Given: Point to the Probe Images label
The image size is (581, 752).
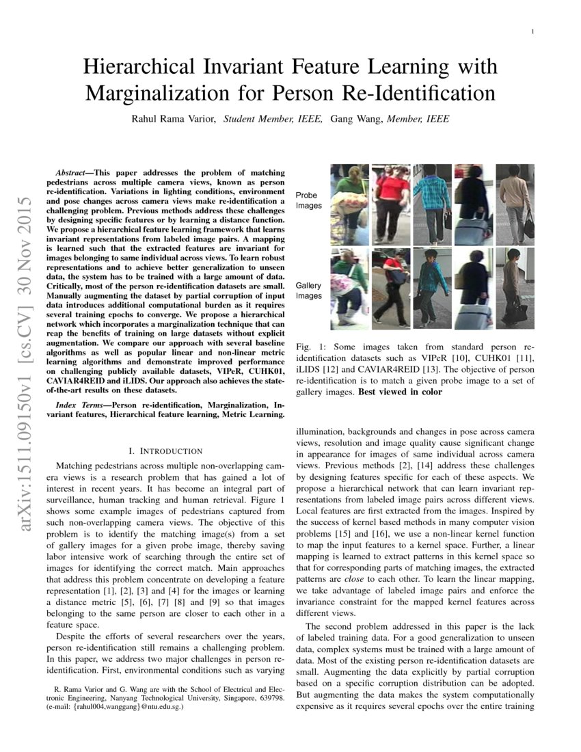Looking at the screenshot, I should coord(308,200).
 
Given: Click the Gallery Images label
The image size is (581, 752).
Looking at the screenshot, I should coord(308,290).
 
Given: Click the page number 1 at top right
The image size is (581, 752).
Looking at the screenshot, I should coord(532,31).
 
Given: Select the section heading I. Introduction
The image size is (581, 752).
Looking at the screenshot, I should coord(165,451).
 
